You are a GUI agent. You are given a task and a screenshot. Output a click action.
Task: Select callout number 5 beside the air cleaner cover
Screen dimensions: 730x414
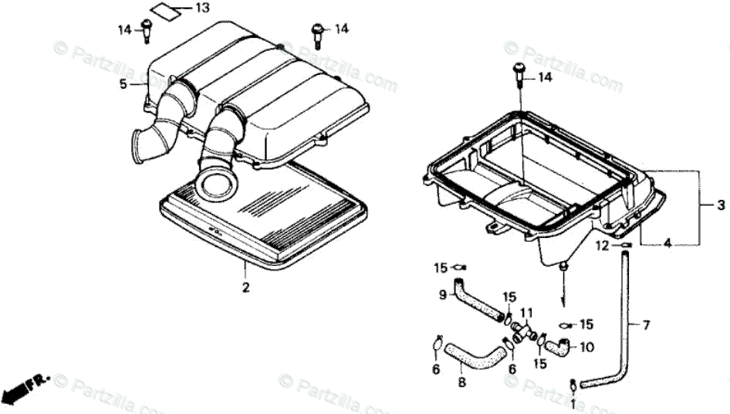(123, 84)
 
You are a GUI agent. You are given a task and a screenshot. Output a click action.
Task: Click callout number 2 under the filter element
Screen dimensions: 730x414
(245, 289)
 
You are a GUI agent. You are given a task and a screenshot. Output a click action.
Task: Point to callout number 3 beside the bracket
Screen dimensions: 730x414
(720, 205)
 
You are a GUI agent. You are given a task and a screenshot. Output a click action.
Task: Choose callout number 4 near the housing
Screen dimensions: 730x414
(667, 244)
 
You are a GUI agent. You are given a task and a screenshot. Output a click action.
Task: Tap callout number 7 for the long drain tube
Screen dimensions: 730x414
(646, 324)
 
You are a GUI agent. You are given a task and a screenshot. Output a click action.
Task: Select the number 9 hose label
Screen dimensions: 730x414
(443, 294)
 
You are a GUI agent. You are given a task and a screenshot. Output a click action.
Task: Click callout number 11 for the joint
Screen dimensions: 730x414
(527, 313)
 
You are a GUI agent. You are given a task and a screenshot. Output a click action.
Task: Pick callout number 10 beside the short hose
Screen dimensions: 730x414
(586, 347)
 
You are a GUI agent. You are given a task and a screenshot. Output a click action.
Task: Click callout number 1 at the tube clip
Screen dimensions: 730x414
(573, 402)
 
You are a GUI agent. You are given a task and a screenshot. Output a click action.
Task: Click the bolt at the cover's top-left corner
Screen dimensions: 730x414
(147, 31)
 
